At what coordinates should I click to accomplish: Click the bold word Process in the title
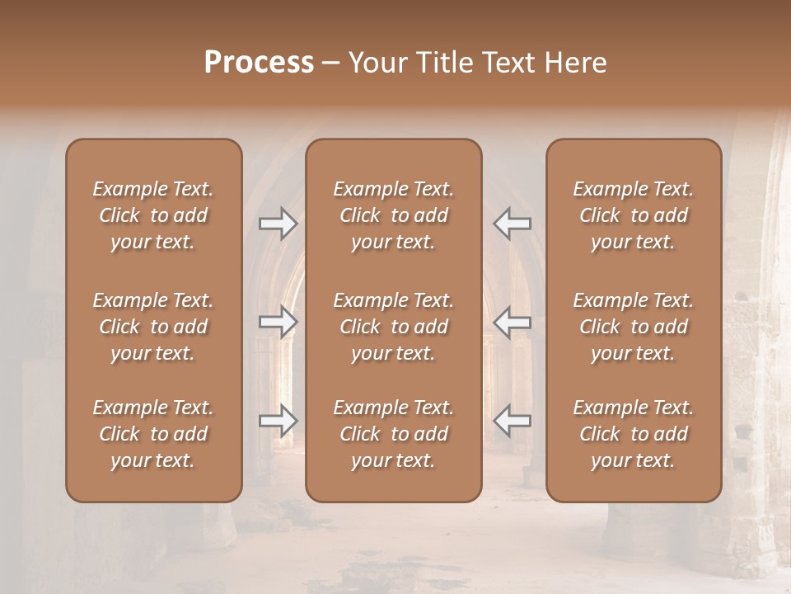[x=259, y=63]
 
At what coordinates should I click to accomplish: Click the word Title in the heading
[x=445, y=63]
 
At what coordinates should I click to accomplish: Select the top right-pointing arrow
[x=278, y=224]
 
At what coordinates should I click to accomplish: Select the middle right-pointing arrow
[x=278, y=322]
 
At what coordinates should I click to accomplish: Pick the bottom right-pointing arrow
[x=278, y=421]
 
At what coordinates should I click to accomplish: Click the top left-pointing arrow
[x=512, y=224]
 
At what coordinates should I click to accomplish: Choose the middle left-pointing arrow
[x=512, y=322]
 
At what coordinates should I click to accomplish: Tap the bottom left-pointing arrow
[x=512, y=421]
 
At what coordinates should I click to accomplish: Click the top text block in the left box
[x=153, y=215]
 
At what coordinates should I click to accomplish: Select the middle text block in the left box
[x=153, y=327]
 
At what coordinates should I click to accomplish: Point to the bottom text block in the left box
[x=153, y=434]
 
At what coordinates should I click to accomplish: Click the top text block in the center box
[x=393, y=215]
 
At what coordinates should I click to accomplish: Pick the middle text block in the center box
[x=393, y=327]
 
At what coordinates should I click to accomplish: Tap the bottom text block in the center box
[x=393, y=434]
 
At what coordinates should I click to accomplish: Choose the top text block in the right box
[x=633, y=215]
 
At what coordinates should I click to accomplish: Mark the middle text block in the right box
[x=633, y=327]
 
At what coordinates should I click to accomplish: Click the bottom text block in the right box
[x=633, y=434]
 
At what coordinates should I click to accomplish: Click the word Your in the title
[x=377, y=63]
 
